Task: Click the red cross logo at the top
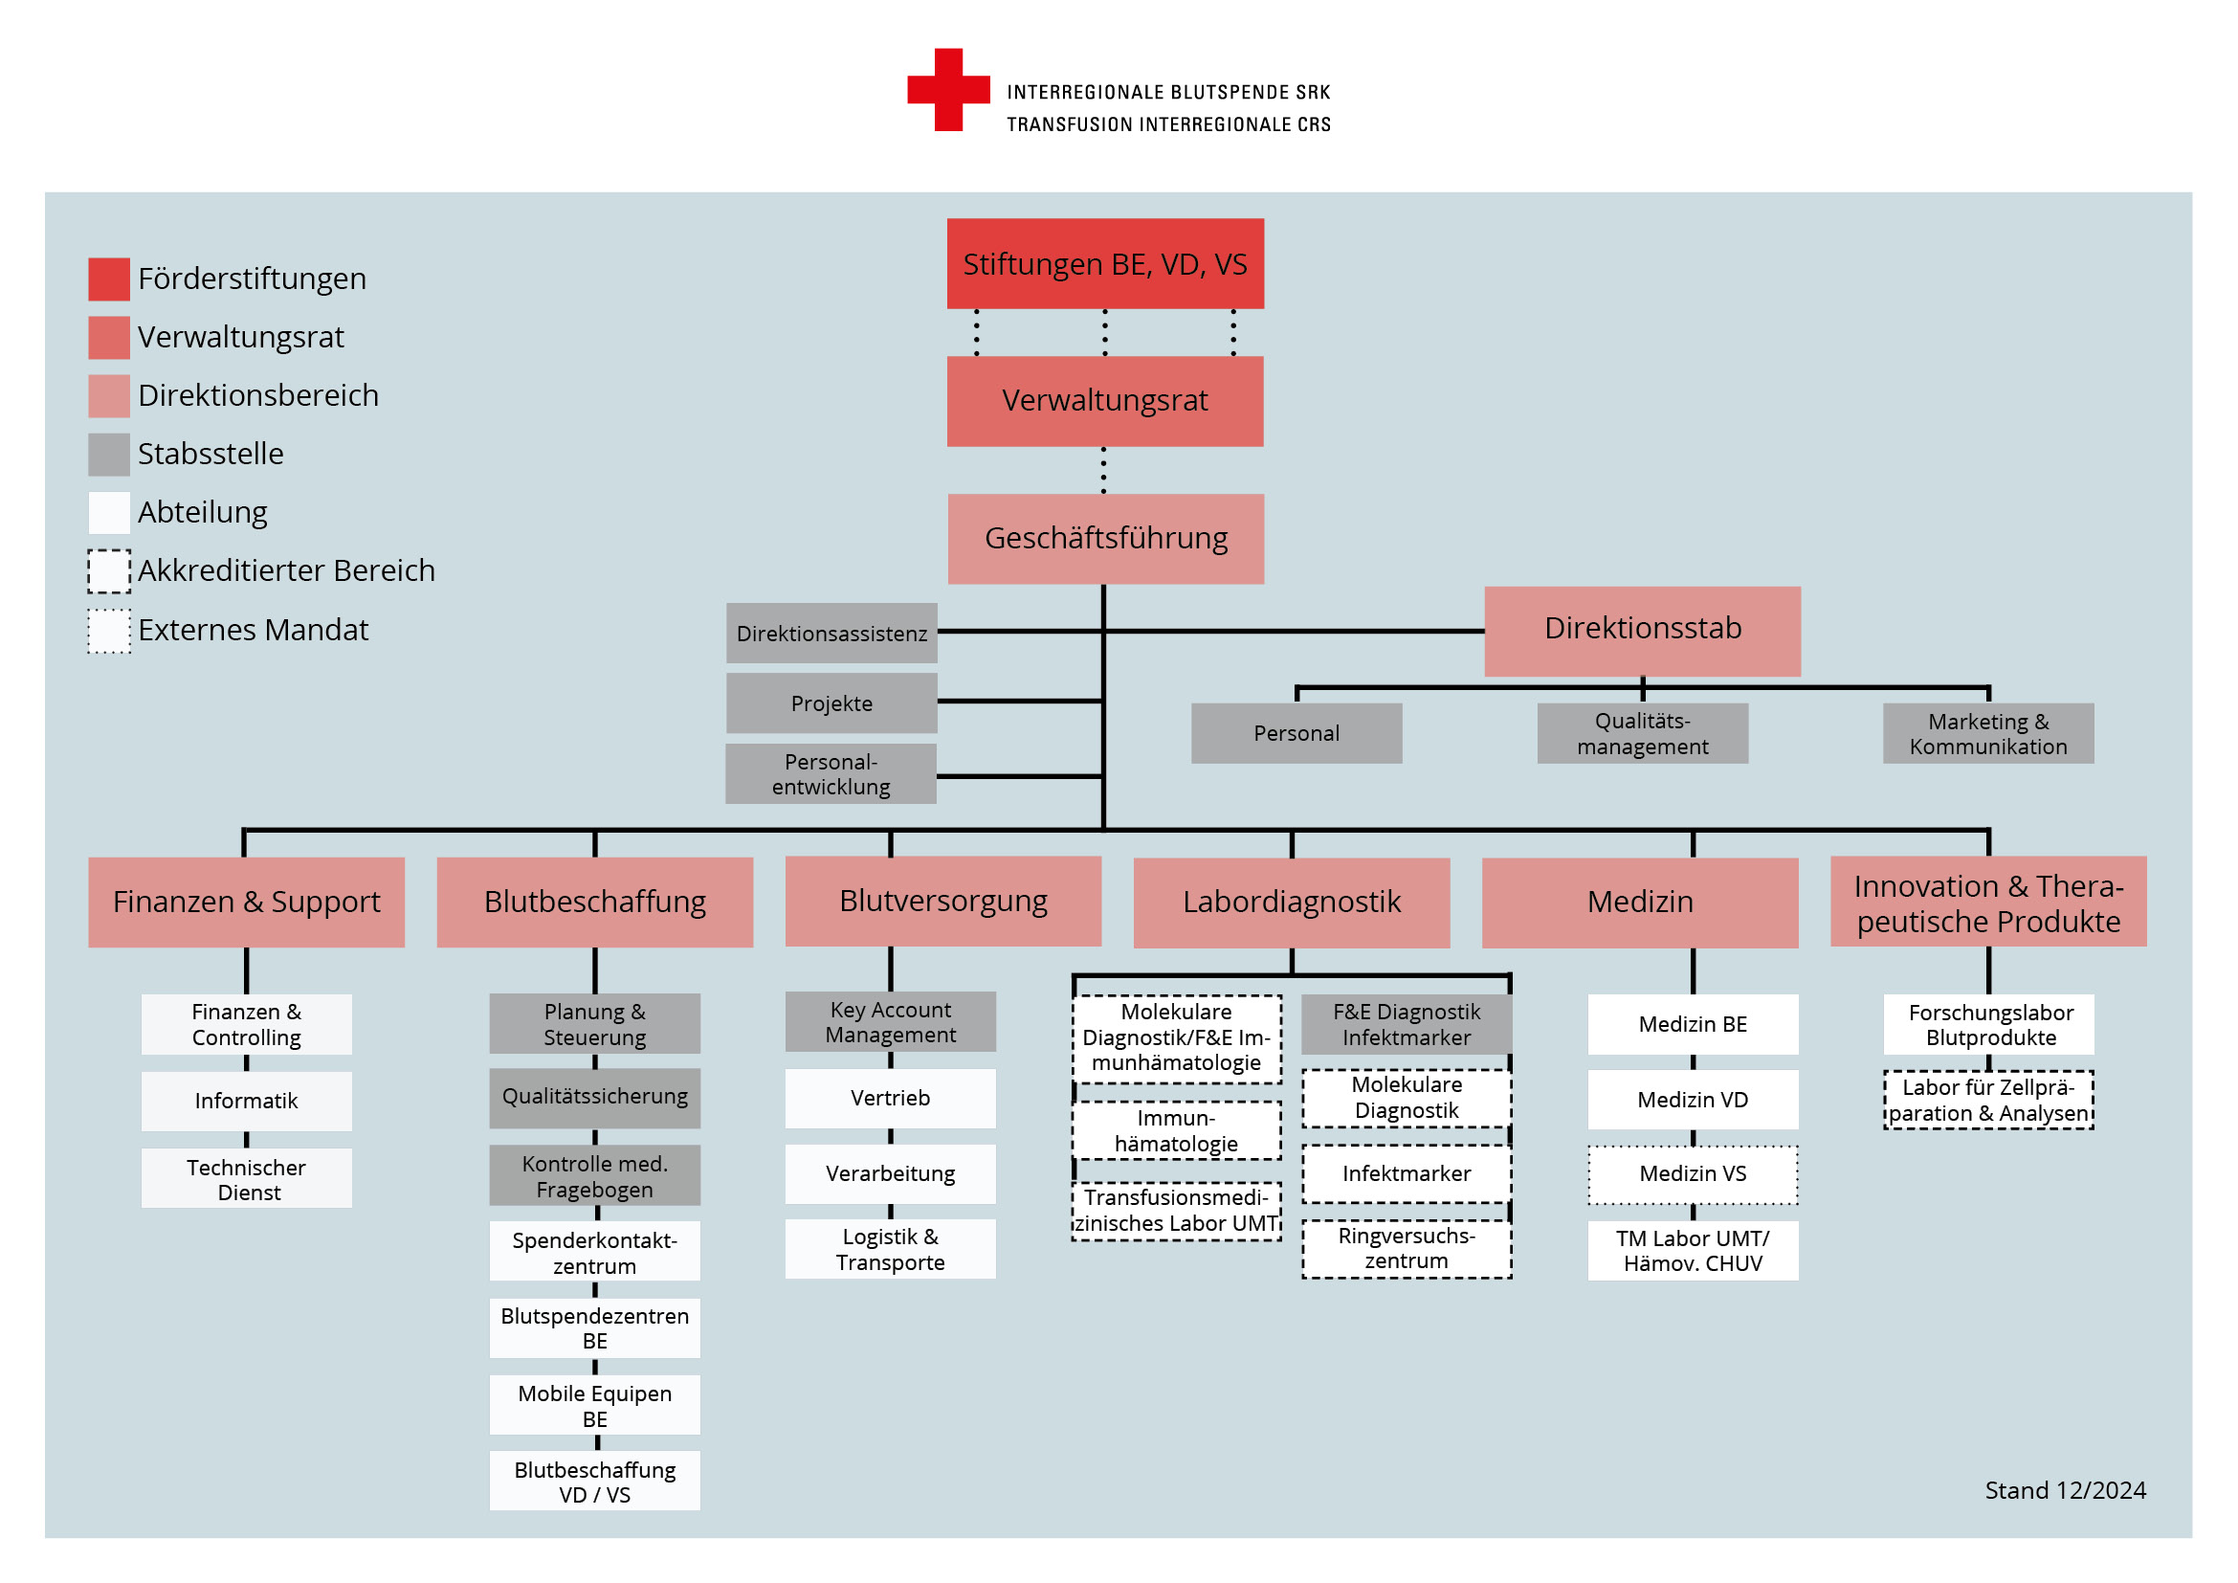948,90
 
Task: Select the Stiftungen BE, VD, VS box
1105,263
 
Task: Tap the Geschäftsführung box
1106,538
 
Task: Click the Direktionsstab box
1643,631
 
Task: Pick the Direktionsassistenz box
831,633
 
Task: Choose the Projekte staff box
831,702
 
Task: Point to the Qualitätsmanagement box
1643,733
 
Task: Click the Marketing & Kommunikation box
1988,733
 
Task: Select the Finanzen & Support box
247,902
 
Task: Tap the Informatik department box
247,1101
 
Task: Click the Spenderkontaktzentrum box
594,1252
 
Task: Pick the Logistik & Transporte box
891,1249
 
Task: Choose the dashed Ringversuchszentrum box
1407,1249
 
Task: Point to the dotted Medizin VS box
1694,1174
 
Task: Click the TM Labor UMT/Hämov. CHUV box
1694,1251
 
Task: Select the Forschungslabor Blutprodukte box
1988,1024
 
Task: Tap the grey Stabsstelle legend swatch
109,455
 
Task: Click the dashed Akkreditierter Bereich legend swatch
109,571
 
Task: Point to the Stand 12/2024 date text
2066,1490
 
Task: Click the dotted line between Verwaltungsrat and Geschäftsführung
1103,470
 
